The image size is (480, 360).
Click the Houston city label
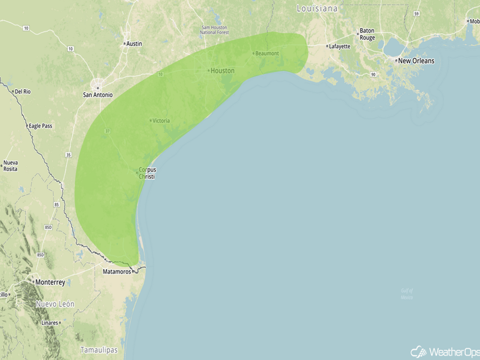[x=223, y=70]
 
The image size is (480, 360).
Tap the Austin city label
[x=134, y=44]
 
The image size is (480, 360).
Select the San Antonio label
[x=98, y=94]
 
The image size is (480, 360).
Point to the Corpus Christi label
[x=148, y=173]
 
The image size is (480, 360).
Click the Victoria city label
[x=161, y=121]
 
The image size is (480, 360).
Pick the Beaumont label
[x=267, y=54]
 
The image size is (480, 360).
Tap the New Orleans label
[x=416, y=61]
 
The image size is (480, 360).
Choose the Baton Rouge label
[x=367, y=34]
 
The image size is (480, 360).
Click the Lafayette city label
[x=340, y=46]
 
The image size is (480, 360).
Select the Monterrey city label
[x=50, y=282]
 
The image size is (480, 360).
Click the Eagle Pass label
[x=40, y=126]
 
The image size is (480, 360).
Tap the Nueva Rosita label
[x=11, y=166]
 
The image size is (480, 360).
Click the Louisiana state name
[x=317, y=9]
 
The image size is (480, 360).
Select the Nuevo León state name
[x=55, y=304]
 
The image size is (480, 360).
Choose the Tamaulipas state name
[x=99, y=350]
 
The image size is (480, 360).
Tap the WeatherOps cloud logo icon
[x=419, y=352]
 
